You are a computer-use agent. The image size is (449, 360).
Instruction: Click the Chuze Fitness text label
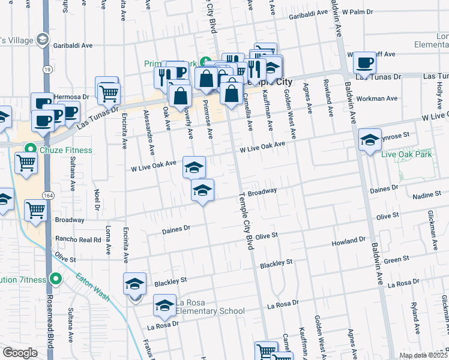(67, 150)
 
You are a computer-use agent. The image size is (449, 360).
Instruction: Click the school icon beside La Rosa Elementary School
(164, 306)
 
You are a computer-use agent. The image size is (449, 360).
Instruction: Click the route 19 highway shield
(47, 70)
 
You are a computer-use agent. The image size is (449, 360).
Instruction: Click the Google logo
(20, 353)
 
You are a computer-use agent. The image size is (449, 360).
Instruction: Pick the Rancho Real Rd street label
(78, 239)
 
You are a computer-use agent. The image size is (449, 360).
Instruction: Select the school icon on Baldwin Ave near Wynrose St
(370, 140)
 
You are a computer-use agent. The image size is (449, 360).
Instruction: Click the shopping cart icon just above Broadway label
(35, 210)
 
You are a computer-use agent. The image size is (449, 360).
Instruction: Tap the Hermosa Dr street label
(71, 96)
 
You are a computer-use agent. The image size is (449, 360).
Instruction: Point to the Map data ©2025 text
(422, 355)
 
